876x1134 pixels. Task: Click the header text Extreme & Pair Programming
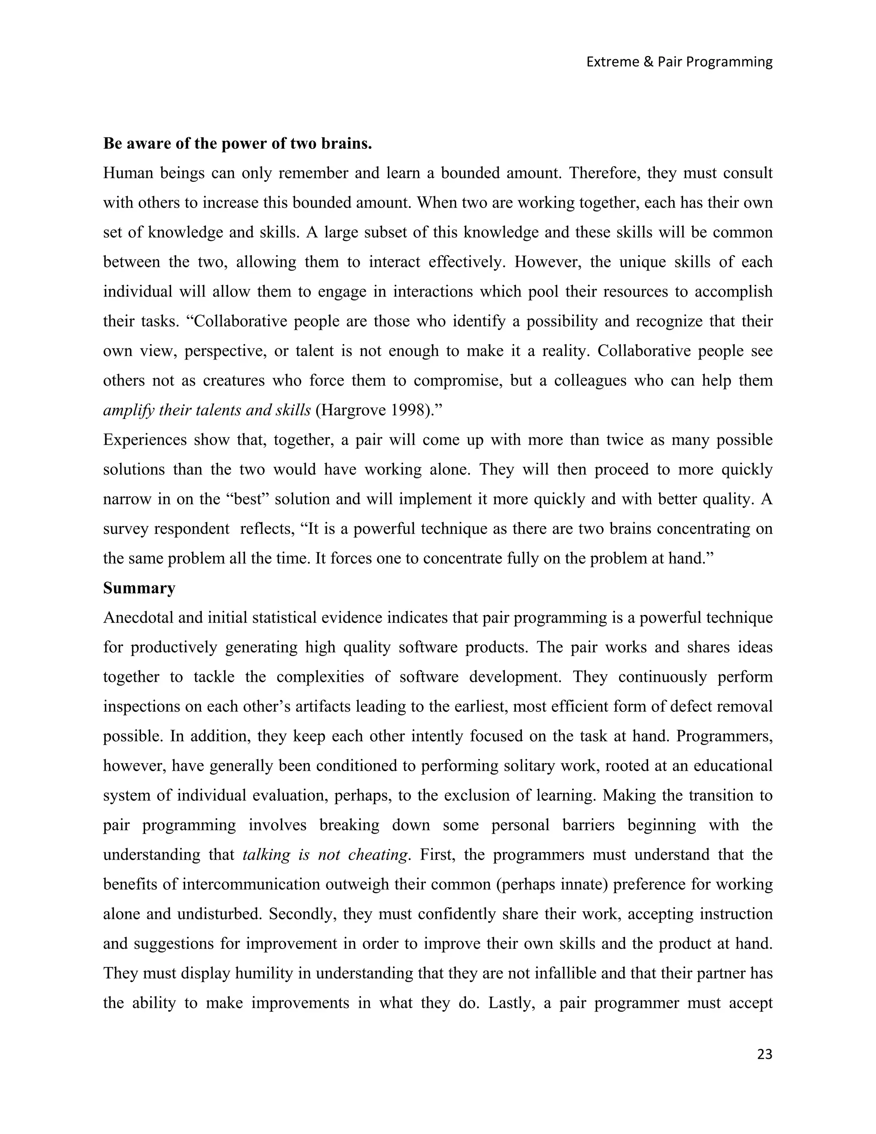pyautogui.click(x=679, y=62)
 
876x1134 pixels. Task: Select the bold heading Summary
pyautogui.click(x=139, y=588)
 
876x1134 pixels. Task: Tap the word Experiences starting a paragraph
pyautogui.click(x=144, y=440)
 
